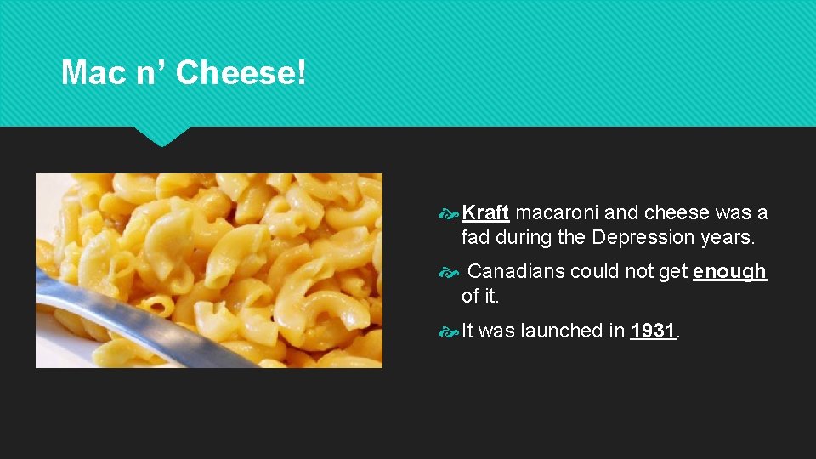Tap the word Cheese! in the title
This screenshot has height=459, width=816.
click(x=241, y=73)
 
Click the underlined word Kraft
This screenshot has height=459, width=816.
click(x=485, y=212)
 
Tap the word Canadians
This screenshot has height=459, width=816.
click(x=516, y=271)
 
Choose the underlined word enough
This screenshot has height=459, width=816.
click(x=729, y=271)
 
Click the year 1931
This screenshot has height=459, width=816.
click(x=653, y=331)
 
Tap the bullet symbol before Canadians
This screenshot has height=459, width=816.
click(x=450, y=272)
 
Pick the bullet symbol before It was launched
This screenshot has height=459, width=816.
click(x=450, y=331)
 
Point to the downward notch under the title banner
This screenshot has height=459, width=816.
click(x=161, y=136)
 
